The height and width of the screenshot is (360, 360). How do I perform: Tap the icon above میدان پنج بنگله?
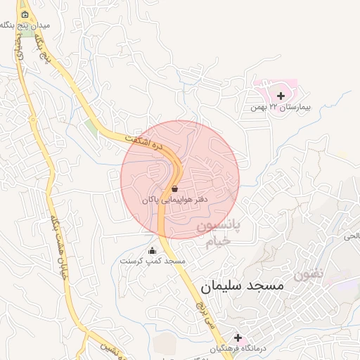pyautogui.click(x=25, y=14)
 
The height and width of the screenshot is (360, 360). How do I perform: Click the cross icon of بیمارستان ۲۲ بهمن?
pyautogui.click(x=281, y=96)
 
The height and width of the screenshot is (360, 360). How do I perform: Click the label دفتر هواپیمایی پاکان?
pyautogui.click(x=176, y=200)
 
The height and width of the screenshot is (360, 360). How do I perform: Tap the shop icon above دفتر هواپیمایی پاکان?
pyautogui.click(x=174, y=188)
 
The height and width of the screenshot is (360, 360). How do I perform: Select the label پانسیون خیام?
pyautogui.click(x=217, y=234)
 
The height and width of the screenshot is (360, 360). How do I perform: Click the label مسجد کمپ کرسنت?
pyautogui.click(x=153, y=261)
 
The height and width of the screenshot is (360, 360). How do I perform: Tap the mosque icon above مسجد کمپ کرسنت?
pyautogui.click(x=152, y=250)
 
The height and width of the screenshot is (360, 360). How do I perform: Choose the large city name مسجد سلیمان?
pyautogui.click(x=241, y=286)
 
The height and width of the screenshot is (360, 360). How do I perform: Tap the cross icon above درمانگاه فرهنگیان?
pyautogui.click(x=238, y=337)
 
